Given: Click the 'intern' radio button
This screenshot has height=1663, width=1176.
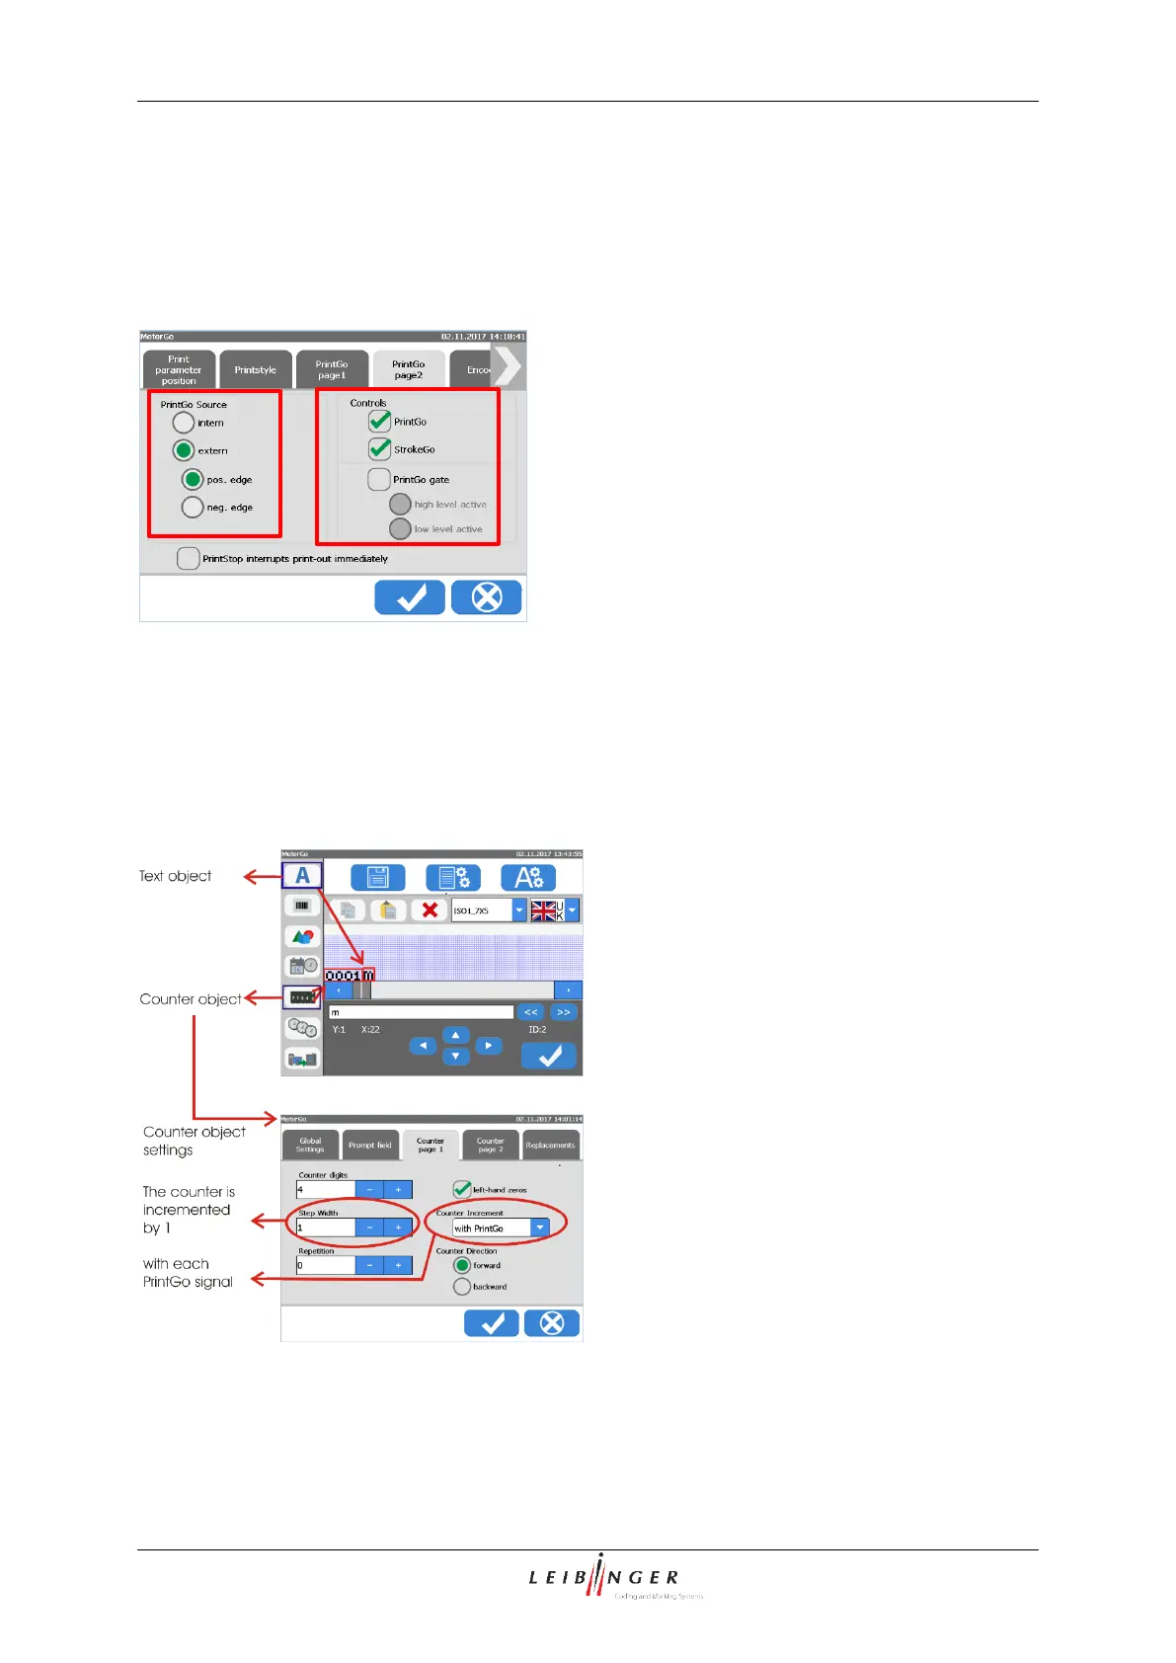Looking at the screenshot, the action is click(x=184, y=423).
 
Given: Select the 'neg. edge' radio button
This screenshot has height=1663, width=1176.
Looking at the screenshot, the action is click(x=193, y=508).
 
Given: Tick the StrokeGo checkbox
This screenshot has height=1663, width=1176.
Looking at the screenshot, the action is click(x=380, y=449).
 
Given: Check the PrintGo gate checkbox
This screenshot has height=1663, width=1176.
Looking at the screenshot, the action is click(x=379, y=480).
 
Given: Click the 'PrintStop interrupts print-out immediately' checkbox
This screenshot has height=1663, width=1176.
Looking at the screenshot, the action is click(x=189, y=559).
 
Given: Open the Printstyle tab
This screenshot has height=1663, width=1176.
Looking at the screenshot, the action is click(x=256, y=370).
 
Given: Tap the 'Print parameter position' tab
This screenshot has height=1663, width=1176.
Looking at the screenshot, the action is click(x=179, y=370).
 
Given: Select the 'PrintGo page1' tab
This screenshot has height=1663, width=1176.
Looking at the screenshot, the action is click(x=332, y=370).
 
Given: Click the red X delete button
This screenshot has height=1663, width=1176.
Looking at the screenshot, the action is click(x=430, y=910).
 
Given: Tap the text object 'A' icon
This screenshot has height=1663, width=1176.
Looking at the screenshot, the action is click(x=302, y=876).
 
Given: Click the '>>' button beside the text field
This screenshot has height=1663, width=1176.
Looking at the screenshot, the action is click(x=563, y=1012).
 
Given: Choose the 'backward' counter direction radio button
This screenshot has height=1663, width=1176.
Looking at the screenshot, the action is click(x=462, y=1287).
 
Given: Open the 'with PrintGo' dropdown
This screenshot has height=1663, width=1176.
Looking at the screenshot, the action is click(x=540, y=1227).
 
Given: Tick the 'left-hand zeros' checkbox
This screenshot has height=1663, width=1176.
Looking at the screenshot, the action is click(x=462, y=1189).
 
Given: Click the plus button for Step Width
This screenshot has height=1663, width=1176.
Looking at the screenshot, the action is click(x=398, y=1227).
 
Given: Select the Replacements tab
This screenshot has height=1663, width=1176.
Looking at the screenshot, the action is click(x=550, y=1146).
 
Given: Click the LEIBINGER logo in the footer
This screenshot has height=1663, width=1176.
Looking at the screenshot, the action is click(x=604, y=1577).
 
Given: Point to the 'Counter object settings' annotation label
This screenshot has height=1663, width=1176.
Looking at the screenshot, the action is click(x=194, y=1141).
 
